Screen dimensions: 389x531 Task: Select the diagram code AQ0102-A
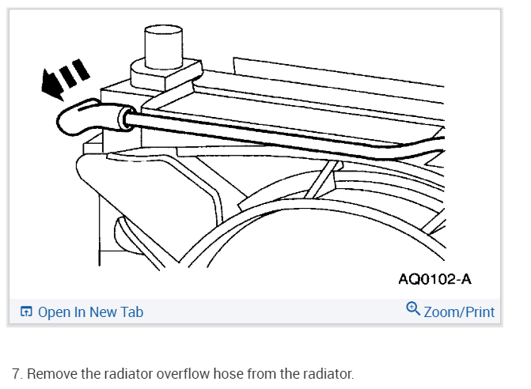[x=435, y=279]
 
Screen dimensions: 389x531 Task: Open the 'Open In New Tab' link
[x=90, y=312]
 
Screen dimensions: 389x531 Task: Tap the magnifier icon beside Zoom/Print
[x=412, y=309]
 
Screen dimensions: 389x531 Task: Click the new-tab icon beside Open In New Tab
[x=26, y=312]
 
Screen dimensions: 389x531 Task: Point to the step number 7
[x=17, y=373]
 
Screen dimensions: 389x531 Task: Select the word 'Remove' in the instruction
[x=50, y=373]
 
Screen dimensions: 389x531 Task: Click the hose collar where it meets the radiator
[x=123, y=119]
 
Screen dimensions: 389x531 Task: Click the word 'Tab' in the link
[x=131, y=312]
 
